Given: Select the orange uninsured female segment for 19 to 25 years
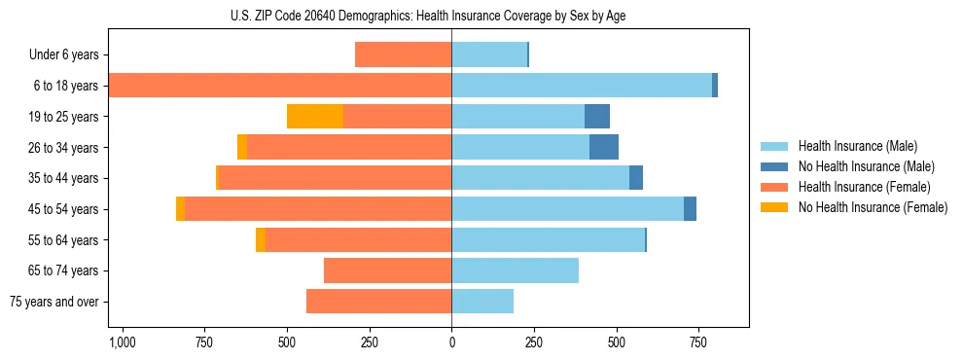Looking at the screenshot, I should coord(315,117).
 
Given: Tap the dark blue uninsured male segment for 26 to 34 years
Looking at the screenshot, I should coord(604,147).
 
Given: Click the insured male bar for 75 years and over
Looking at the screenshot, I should coord(482,302).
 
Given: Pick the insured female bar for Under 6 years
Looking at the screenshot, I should coord(403,54).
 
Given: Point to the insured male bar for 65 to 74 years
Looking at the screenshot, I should coord(515,270).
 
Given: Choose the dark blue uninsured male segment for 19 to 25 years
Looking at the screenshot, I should coord(597,117).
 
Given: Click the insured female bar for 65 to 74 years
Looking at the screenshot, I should coord(387,270).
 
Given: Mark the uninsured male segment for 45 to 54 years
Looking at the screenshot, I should coord(690,209).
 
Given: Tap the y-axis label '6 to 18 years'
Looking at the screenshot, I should coord(65,86).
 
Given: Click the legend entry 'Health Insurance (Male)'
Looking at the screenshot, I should coord(857,146).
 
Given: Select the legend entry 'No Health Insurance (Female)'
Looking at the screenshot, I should coord(873,207).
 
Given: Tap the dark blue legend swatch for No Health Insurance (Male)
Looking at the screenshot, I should coord(774,166).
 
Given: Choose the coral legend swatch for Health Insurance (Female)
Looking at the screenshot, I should coord(774,187).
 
